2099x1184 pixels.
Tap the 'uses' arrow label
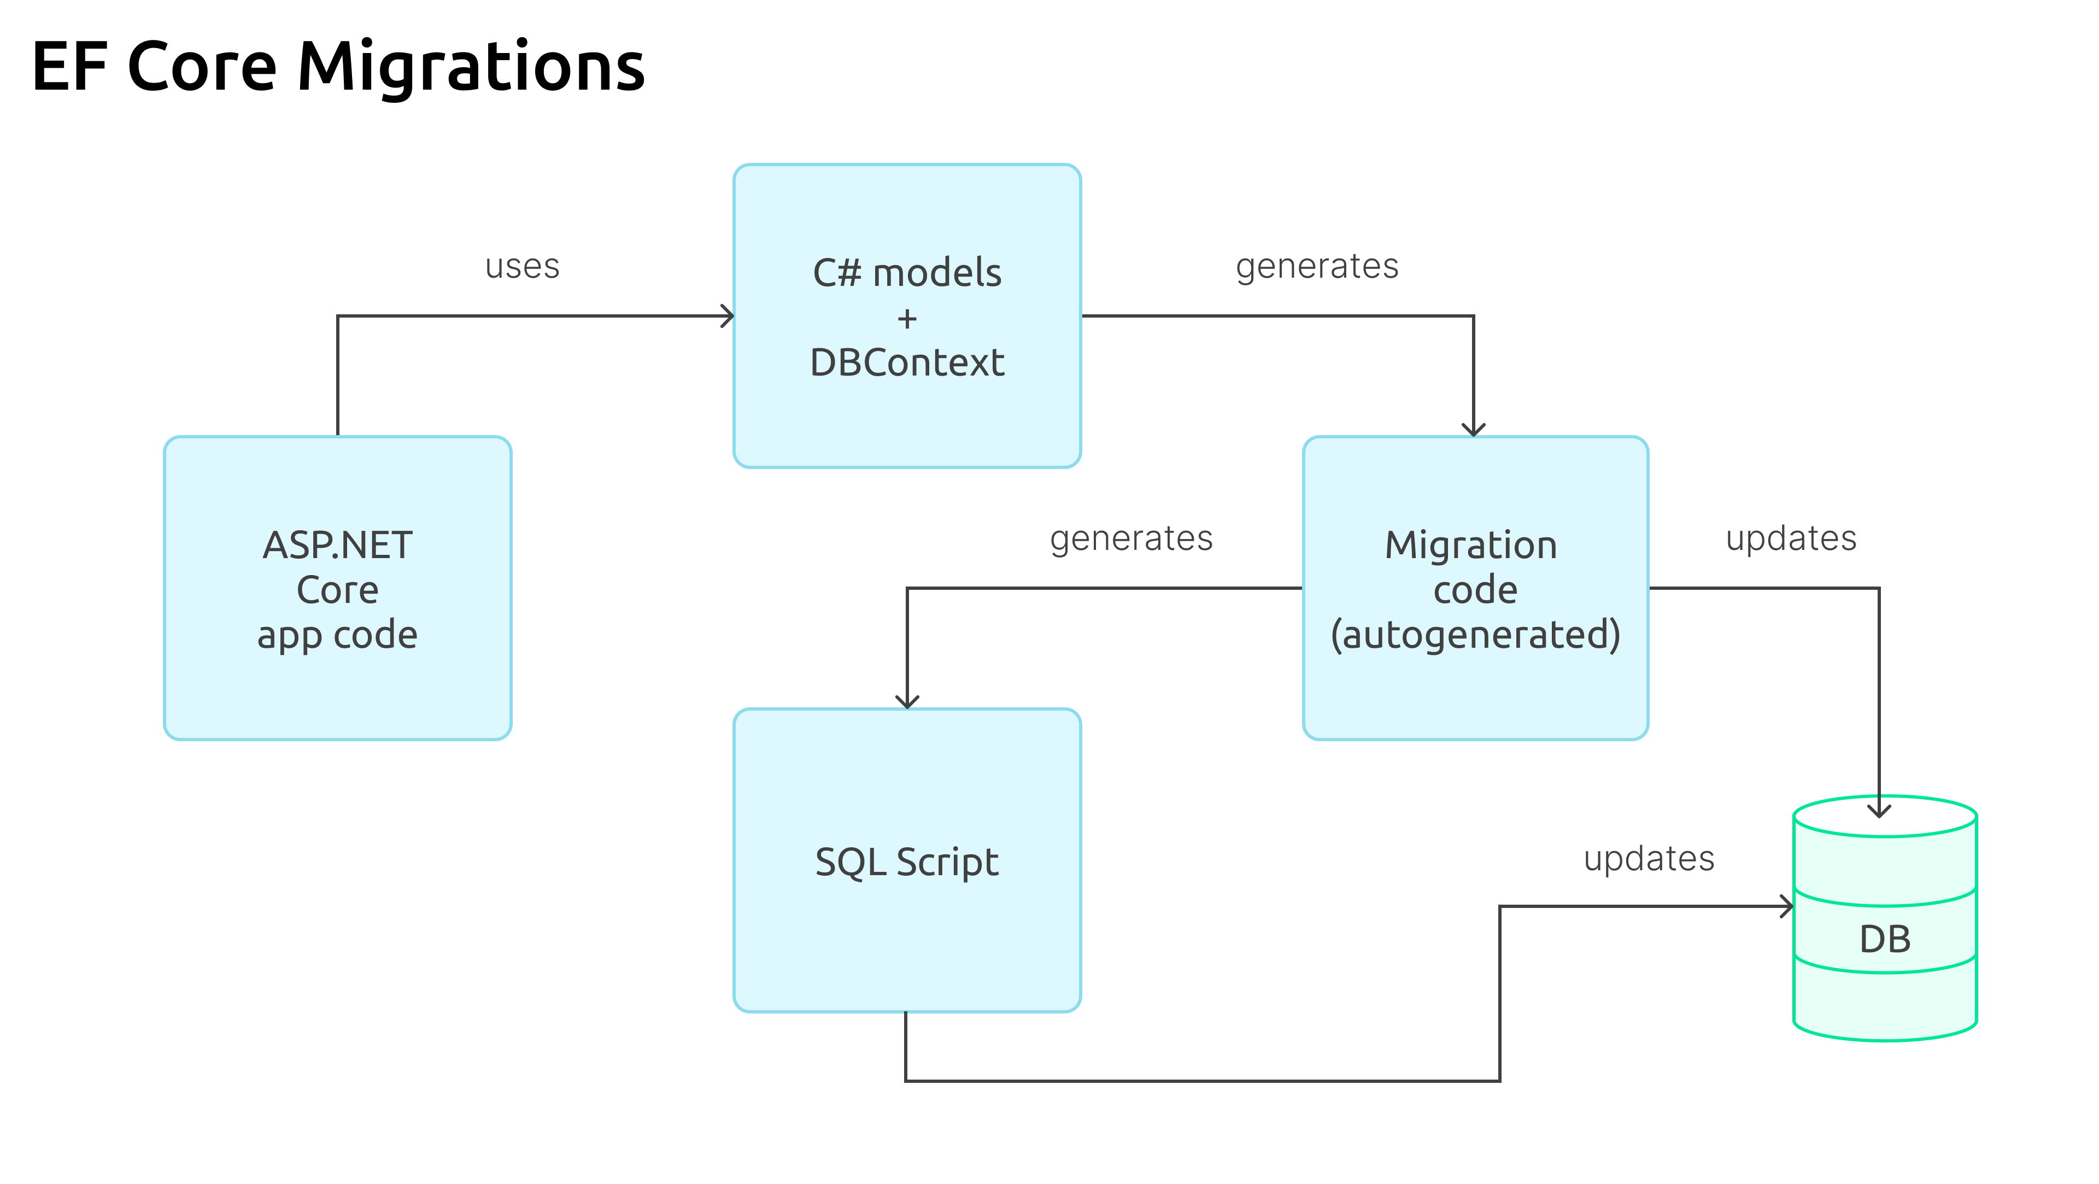click(x=523, y=266)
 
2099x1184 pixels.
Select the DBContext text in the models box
click(x=906, y=362)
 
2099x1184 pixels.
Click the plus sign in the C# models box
click(x=907, y=319)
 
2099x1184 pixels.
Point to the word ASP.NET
click(x=337, y=545)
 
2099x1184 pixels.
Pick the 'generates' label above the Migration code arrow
click(x=1317, y=266)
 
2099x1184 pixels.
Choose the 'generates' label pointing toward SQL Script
click(x=1131, y=538)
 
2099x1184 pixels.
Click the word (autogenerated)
click(x=1475, y=635)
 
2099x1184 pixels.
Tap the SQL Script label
click(x=906, y=862)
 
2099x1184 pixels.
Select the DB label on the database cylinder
click(x=1885, y=940)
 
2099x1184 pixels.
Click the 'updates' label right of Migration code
click(x=1791, y=538)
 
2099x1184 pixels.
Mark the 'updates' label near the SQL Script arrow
click(x=1649, y=859)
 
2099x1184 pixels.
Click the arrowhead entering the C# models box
click(x=728, y=316)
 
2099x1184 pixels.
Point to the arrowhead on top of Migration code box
click(x=1473, y=430)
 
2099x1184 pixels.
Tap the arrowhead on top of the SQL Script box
click(x=907, y=702)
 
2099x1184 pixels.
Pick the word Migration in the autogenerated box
click(x=1471, y=545)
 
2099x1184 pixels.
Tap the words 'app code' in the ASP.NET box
click(x=337, y=635)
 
